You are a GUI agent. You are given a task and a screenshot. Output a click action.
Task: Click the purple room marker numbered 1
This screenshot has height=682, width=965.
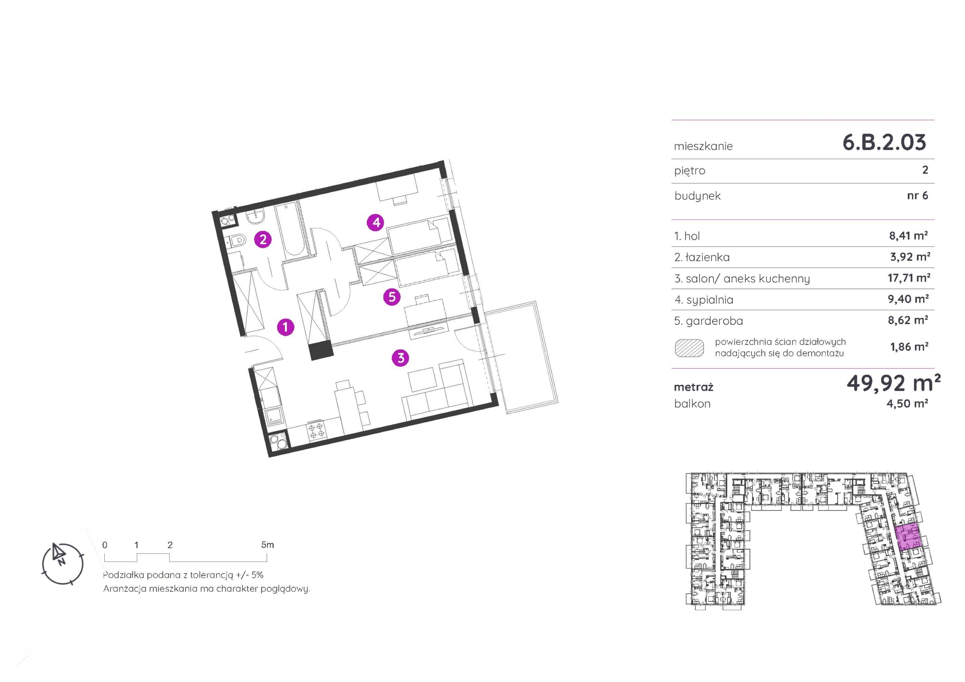point(286,327)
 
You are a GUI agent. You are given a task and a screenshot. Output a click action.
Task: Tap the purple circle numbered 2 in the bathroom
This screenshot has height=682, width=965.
point(263,240)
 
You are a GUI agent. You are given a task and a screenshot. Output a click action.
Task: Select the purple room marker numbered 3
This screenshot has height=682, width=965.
point(401,358)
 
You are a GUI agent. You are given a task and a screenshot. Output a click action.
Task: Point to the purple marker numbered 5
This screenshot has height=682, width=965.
point(392,297)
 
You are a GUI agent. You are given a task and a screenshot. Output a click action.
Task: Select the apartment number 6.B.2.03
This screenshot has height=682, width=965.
point(884,143)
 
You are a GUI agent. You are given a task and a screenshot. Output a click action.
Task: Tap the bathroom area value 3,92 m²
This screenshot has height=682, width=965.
point(910,257)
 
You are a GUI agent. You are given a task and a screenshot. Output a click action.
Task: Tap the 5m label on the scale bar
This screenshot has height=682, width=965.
point(267,545)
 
